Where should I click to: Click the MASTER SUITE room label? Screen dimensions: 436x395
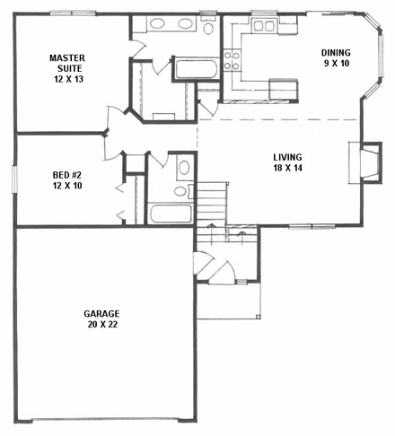pyautogui.click(x=66, y=63)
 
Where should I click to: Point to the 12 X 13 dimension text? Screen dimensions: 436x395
pyautogui.click(x=66, y=78)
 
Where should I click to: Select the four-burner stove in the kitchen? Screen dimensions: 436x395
pyautogui.click(x=231, y=60)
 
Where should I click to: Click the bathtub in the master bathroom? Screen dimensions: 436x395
pyautogui.click(x=195, y=69)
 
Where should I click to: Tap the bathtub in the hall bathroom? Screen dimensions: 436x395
pyautogui.click(x=170, y=214)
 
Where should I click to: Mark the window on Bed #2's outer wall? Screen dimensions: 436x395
pyautogui.click(x=14, y=178)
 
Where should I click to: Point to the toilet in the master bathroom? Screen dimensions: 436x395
pyautogui.click(x=208, y=28)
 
